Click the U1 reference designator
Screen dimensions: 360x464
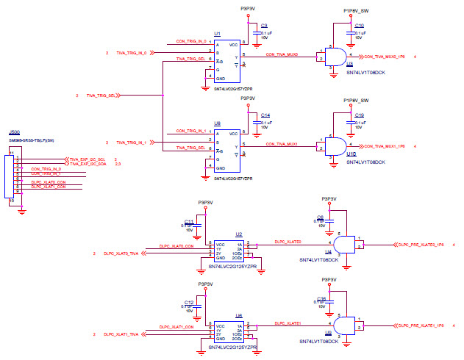tap(217, 34)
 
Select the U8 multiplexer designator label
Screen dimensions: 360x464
tap(217, 123)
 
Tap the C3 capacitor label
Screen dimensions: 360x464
tap(264, 26)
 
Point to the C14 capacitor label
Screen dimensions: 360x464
tap(265, 115)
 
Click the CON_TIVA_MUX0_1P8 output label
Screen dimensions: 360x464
tap(385, 57)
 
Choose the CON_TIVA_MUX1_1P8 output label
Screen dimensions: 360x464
tap(385, 146)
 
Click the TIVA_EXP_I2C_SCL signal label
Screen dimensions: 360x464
tap(88, 159)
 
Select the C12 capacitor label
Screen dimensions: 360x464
tap(189, 302)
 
